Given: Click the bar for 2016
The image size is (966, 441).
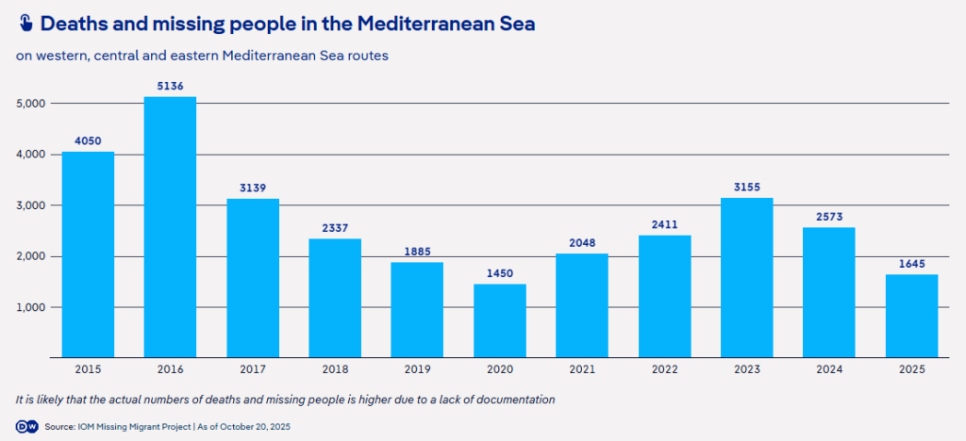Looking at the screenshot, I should coord(170,227).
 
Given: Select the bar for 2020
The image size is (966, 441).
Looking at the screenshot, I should coord(499,320).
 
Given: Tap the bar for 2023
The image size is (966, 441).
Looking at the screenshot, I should coord(746,277).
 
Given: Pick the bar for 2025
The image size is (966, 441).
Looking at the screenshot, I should coord(911,316).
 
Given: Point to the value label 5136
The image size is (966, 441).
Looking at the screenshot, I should coord(170,87).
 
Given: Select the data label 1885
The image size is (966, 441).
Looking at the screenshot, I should coord(417,253).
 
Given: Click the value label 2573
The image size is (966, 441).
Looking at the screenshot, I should coord(829,218).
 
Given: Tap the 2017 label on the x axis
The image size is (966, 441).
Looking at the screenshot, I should coord(252,369).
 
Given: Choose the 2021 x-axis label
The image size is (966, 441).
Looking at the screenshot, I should coord(582,369).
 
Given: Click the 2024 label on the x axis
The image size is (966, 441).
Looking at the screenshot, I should coord(829,369).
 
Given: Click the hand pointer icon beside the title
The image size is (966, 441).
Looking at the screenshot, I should coord(25,24).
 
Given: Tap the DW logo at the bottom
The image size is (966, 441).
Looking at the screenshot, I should coord(26,427).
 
